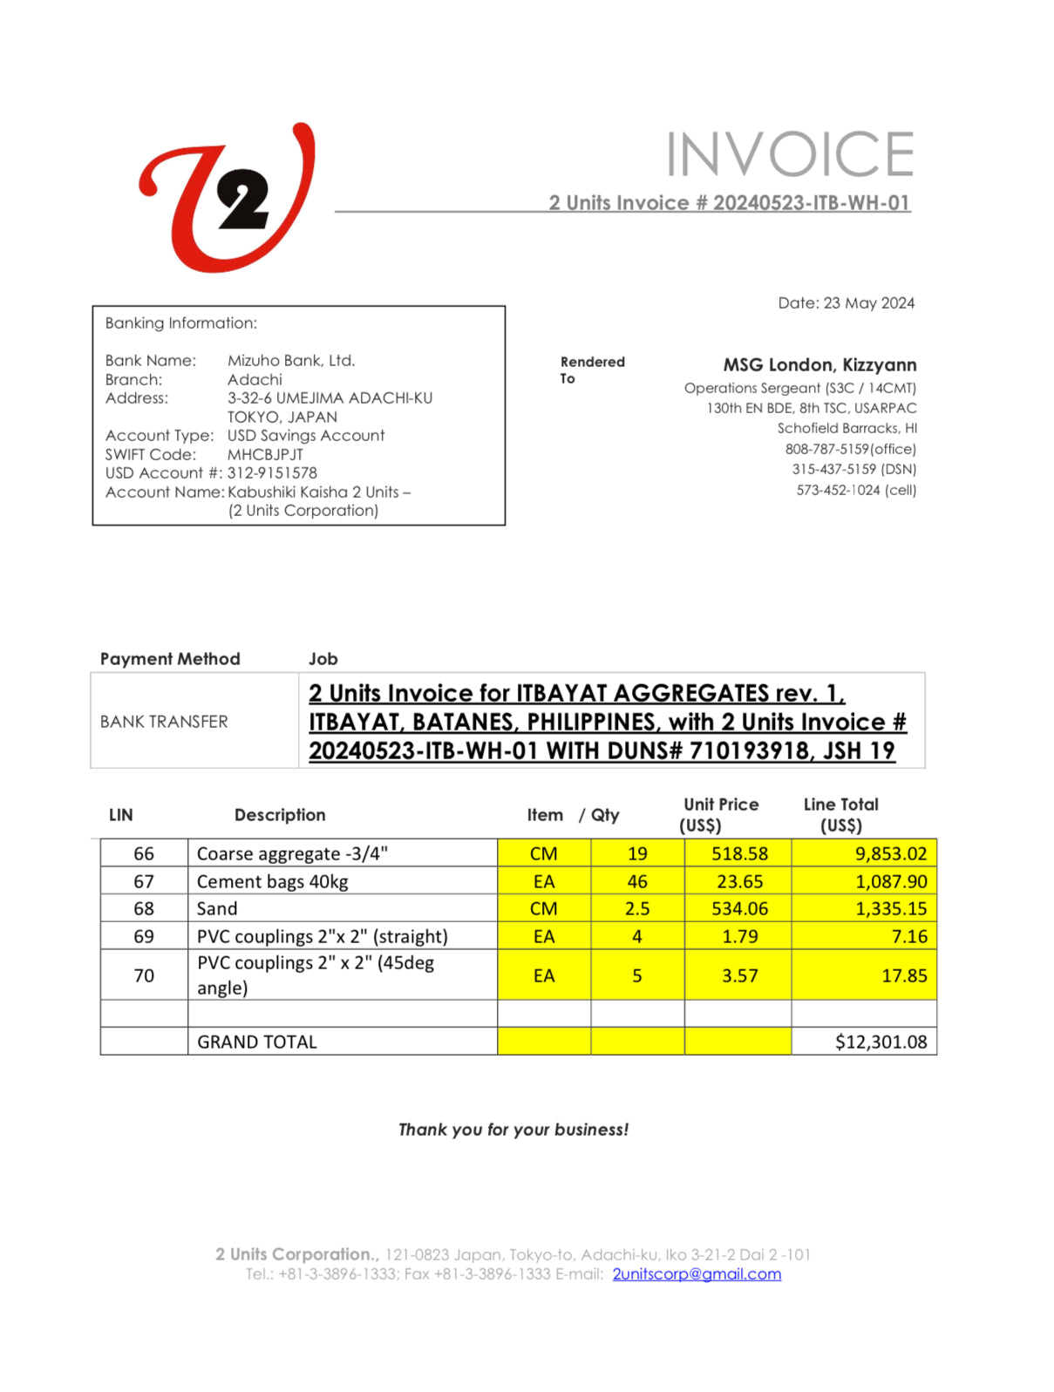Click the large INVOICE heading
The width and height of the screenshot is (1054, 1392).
(790, 155)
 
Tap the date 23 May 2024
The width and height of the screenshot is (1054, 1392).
(868, 303)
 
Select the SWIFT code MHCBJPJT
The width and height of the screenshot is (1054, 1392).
(265, 454)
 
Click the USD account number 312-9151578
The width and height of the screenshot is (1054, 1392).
(272, 472)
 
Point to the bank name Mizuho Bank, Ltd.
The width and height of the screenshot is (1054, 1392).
(291, 360)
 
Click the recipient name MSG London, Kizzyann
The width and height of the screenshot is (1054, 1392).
(819, 364)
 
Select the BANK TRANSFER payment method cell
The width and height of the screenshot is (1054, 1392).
(164, 722)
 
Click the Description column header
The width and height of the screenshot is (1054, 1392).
(280, 815)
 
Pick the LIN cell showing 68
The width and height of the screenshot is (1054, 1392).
(144, 908)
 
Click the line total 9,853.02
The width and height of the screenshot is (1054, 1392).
(890, 853)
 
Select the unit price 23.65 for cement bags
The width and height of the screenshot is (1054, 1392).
(739, 881)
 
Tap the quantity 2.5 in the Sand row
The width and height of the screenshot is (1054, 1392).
(637, 908)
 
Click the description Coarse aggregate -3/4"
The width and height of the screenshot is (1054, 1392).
(292, 853)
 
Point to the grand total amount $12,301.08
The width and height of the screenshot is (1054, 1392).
(881, 1042)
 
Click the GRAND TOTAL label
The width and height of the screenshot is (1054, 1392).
(257, 1042)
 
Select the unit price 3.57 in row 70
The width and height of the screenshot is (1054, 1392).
(739, 975)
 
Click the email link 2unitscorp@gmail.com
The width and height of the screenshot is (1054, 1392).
(697, 1274)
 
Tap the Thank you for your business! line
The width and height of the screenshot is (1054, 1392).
(513, 1130)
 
